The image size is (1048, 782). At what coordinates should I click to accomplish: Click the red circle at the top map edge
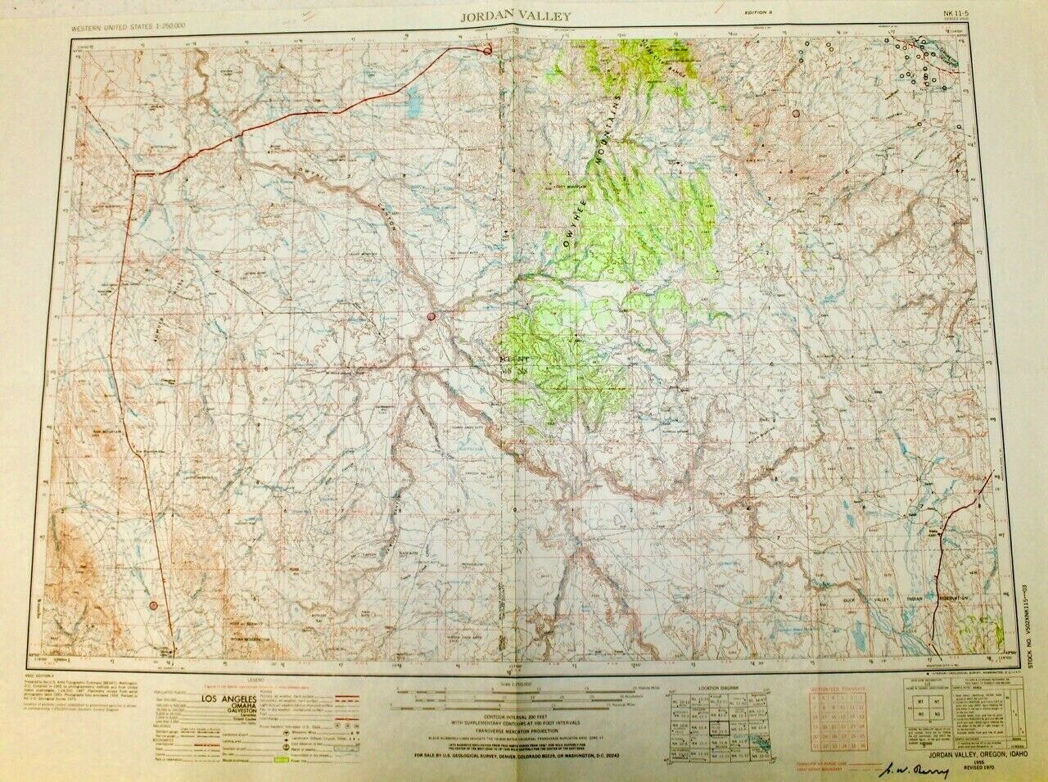[x=487, y=51]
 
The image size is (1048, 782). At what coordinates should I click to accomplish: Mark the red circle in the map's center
[x=431, y=315]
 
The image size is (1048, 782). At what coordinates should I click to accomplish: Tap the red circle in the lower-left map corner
[x=153, y=605]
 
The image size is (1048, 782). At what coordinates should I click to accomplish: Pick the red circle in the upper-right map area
[x=796, y=114]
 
